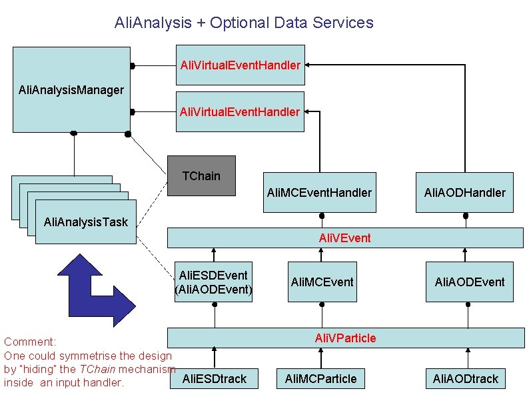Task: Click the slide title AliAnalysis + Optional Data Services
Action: click(244, 23)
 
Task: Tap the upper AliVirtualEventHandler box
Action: click(240, 65)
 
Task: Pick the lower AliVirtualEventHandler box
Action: click(240, 111)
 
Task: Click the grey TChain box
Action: click(201, 175)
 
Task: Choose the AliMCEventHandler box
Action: click(319, 193)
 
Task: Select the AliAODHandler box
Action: click(464, 193)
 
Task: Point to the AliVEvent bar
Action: click(344, 238)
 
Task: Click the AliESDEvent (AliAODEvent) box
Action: click(213, 282)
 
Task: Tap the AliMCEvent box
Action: click(322, 282)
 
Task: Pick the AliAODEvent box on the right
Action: click(470, 282)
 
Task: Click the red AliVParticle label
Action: click(345, 338)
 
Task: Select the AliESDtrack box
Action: click(214, 379)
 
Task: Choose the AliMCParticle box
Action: click(320, 379)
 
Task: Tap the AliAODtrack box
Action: click(465, 379)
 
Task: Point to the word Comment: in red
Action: click(30, 342)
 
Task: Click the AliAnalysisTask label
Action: click(81, 222)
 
